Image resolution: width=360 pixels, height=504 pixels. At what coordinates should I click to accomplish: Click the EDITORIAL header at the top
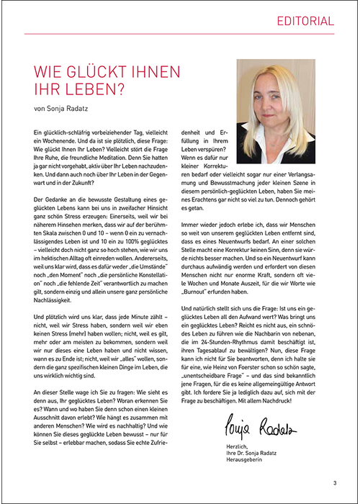pyautogui.click(x=306, y=21)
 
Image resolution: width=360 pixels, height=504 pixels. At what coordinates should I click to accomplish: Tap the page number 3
pyautogui.click(x=334, y=483)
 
